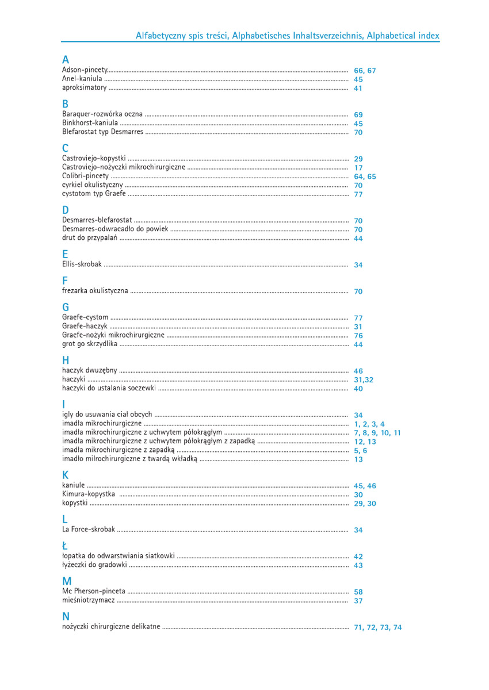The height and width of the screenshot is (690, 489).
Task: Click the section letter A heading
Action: click(66, 60)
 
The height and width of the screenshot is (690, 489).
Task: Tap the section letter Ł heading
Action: click(65, 546)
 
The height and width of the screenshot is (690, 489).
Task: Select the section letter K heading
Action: click(66, 475)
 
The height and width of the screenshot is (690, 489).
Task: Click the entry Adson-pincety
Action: click(85, 70)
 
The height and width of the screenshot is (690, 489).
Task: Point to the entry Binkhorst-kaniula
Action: click(90, 123)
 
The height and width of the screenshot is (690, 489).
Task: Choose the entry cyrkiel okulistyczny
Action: click(92, 185)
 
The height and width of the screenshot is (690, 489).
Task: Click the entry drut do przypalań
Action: click(90, 238)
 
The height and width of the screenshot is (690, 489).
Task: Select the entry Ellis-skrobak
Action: click(82, 264)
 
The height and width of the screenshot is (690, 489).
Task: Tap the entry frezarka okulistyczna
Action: click(95, 291)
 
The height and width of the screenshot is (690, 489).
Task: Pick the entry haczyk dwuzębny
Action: click(90, 371)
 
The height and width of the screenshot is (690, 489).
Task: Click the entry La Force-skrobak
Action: click(89, 530)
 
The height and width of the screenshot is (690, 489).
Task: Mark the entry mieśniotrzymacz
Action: click(89, 600)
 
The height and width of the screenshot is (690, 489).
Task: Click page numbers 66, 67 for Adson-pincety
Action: click(365, 71)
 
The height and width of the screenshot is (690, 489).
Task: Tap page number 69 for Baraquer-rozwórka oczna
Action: click(358, 115)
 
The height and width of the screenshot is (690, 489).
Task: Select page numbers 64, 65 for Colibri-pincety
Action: click(365, 177)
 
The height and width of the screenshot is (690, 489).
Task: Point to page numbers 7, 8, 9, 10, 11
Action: click(377, 433)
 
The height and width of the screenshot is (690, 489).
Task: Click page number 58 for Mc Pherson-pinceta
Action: click(358, 592)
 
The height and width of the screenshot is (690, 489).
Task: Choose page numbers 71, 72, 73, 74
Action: click(377, 627)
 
